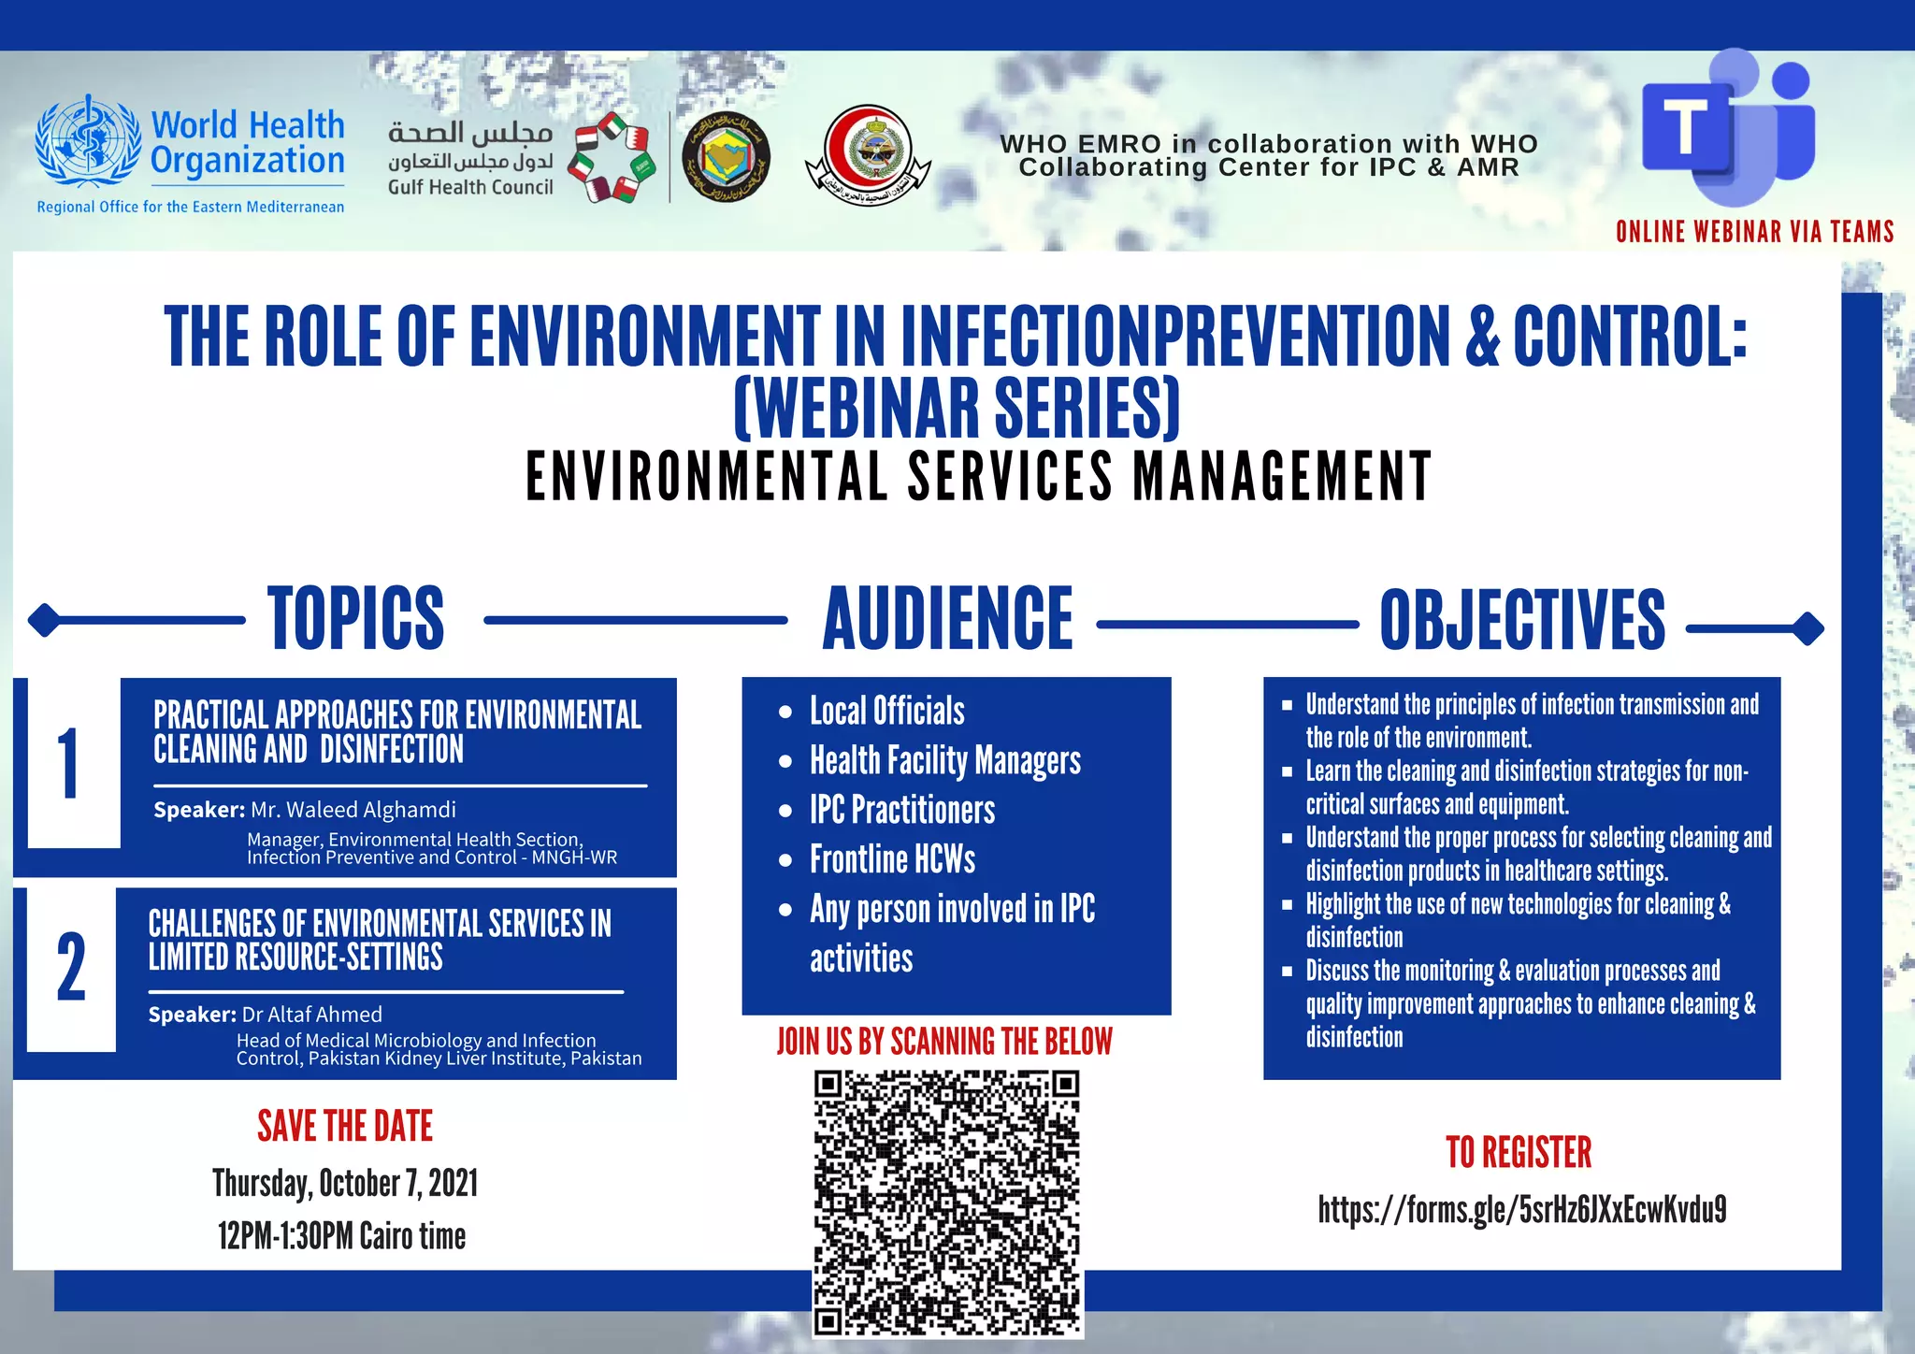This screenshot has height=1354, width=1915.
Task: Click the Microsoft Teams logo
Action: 1728,131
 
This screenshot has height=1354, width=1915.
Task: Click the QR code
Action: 946,1203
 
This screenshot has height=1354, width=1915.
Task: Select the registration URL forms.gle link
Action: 1521,1209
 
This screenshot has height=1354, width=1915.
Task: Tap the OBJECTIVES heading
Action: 1522,620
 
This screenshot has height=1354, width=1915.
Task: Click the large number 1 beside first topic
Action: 69,764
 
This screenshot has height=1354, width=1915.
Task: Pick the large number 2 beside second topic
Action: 71,969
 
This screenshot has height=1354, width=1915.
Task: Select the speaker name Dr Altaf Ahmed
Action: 311,1015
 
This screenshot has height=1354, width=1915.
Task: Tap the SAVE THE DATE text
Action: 345,1127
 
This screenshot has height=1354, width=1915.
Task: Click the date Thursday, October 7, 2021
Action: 345,1184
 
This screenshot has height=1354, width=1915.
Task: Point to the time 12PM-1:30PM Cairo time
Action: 341,1236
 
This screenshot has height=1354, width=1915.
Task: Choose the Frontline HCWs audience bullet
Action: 892,859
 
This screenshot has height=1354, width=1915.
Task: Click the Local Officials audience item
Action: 886,712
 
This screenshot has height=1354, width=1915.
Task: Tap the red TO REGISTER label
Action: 1519,1153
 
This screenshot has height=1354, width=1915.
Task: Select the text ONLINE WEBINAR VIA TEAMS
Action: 1754,232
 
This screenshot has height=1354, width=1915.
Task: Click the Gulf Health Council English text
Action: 470,187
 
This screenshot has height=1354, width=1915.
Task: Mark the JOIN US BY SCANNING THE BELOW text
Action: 944,1042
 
